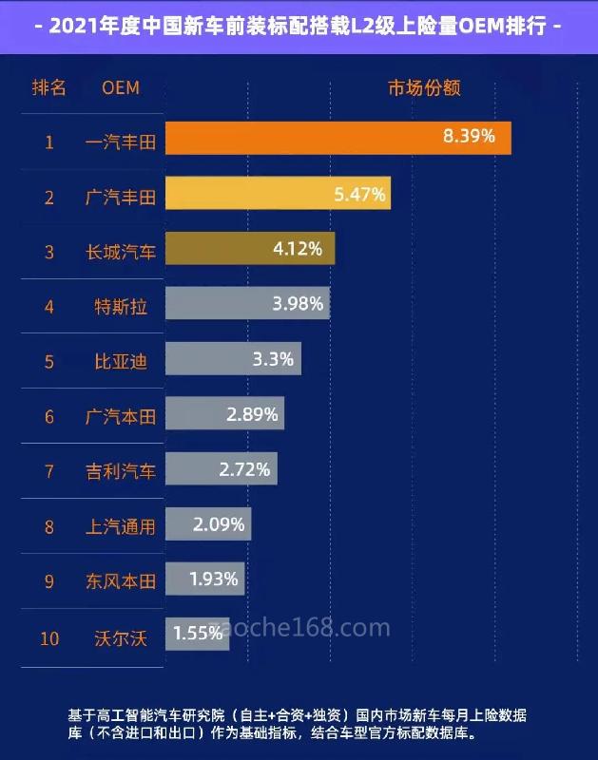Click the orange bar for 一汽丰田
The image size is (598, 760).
338,138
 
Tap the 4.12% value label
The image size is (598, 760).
297,249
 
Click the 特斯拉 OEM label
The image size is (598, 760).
121,306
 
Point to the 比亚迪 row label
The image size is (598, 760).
121,361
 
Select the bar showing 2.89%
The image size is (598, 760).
224,414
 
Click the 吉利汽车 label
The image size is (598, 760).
121,470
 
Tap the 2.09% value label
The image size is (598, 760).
219,523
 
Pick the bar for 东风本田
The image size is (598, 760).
205,579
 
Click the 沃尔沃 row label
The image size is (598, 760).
121,637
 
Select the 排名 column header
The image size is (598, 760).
49,87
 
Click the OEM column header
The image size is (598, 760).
121,87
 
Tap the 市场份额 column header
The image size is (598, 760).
424,87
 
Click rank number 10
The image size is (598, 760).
49,637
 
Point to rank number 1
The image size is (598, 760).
49,142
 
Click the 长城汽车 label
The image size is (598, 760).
121,252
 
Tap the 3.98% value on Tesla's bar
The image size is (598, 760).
298,304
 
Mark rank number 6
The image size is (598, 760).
49,416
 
